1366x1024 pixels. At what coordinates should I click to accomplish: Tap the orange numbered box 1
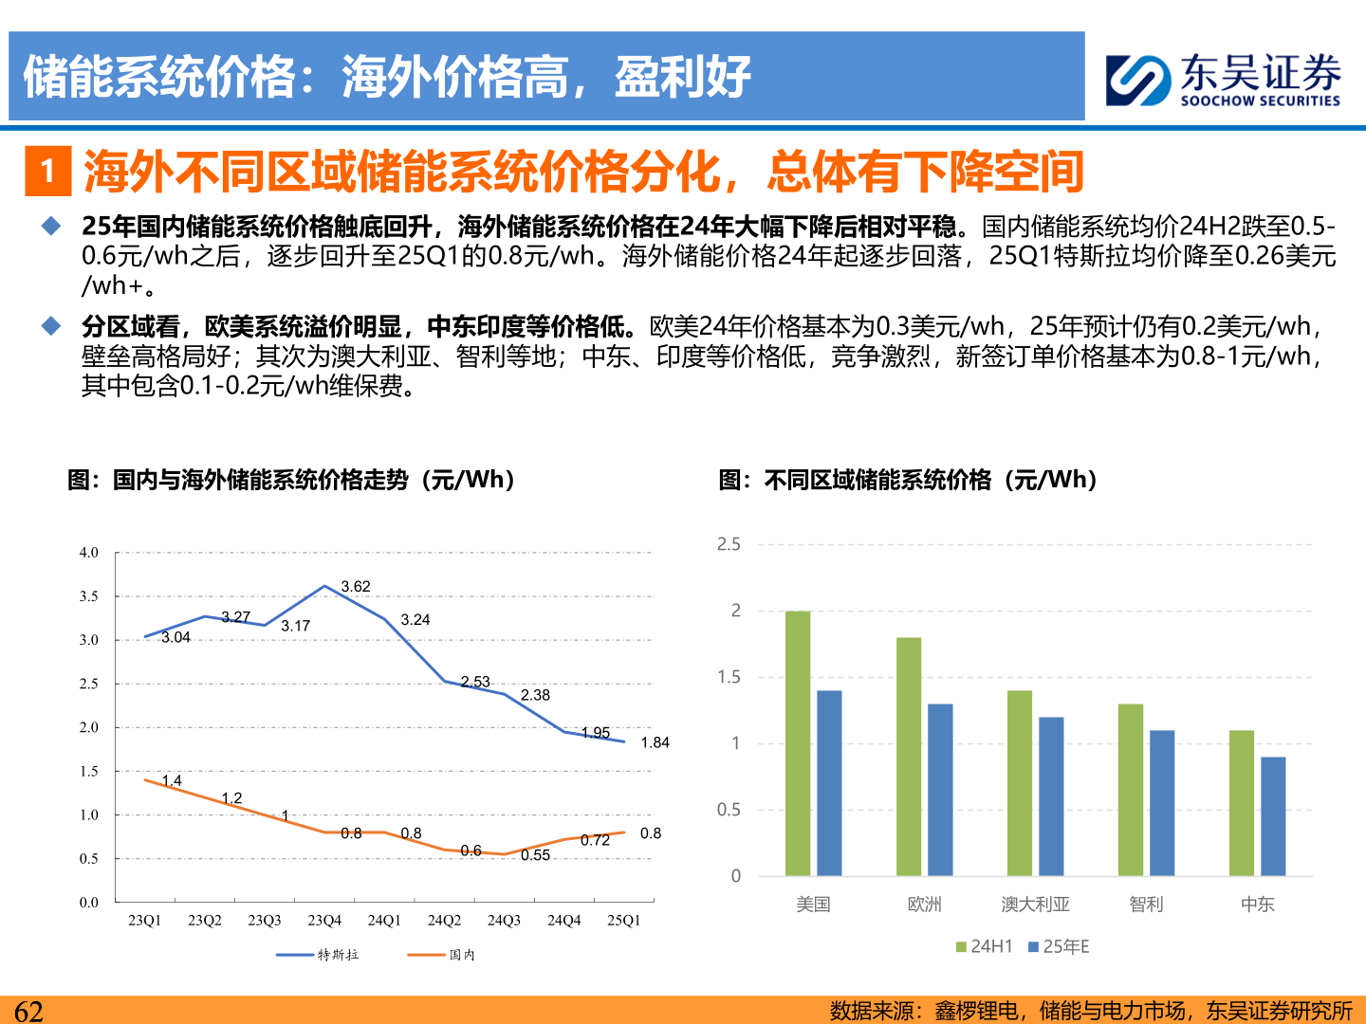tap(47, 172)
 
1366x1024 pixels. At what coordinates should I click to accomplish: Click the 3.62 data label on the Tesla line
tap(356, 587)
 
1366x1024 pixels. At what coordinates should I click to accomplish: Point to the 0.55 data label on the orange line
tap(535, 855)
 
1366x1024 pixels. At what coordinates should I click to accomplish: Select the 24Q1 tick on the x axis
tap(384, 921)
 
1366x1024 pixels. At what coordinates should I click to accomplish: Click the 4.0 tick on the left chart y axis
tap(88, 553)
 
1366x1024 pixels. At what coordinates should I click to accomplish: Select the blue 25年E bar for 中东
tap(1273, 815)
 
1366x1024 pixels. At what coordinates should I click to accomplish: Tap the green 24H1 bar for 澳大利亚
tap(1020, 782)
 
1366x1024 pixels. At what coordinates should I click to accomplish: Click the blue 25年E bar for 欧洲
tap(940, 789)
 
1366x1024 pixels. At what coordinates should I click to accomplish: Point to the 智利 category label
tap(1146, 905)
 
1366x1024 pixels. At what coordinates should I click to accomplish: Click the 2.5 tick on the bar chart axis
tap(729, 544)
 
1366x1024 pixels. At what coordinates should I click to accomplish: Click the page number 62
tap(28, 1011)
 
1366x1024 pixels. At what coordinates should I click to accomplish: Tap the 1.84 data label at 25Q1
tap(655, 742)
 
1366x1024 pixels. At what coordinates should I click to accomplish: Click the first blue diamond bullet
tap(51, 226)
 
